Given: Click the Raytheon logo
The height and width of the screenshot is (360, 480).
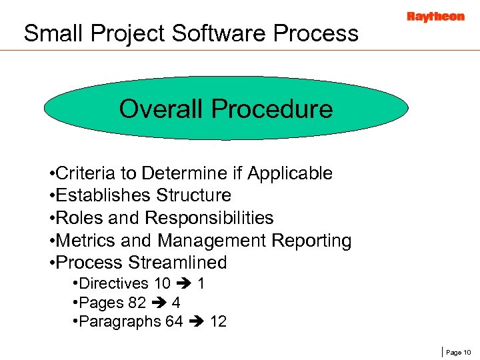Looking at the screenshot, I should (435, 17).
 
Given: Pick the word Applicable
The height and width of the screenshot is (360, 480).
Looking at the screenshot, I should (290, 173).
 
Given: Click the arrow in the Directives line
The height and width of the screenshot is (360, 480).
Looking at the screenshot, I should (184, 284).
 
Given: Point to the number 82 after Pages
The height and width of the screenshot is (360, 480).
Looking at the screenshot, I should (137, 303).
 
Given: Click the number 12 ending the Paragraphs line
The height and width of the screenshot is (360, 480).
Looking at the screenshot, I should (218, 321).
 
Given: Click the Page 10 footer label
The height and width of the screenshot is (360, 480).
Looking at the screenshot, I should (458, 351).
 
